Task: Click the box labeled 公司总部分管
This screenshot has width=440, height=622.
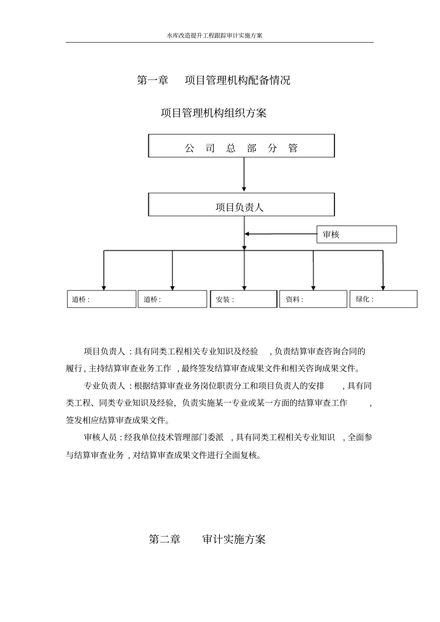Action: coord(241,146)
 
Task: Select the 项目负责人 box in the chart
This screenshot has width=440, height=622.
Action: coord(241,205)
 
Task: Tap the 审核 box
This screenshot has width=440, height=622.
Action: coord(356,234)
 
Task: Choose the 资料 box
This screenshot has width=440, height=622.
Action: coord(313,299)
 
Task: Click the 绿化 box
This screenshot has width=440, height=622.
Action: coord(383,299)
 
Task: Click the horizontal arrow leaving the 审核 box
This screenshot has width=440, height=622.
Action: coord(280,234)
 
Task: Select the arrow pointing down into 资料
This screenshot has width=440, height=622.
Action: coord(313,271)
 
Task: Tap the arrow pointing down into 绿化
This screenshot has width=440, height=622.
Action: coord(383,271)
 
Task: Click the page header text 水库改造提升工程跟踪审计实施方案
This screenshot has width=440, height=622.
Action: coord(214,35)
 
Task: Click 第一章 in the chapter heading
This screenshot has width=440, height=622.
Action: coord(152,80)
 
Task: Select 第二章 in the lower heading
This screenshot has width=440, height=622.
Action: coord(164,539)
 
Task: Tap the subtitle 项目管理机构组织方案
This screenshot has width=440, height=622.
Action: coord(214,113)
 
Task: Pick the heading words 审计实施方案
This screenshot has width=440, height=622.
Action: coord(234,539)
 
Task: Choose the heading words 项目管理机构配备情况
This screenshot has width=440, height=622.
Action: coord(238,80)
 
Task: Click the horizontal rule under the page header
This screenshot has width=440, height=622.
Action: coord(220,43)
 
